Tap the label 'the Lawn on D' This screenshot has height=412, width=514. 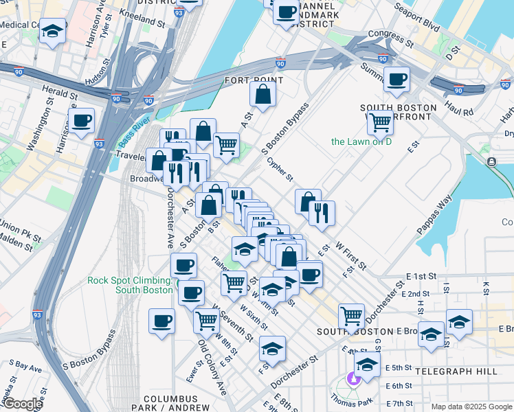(361, 142)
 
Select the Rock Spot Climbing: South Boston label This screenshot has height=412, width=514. (129, 285)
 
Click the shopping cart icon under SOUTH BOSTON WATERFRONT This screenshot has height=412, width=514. (379, 123)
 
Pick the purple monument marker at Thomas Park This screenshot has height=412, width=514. (353, 378)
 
